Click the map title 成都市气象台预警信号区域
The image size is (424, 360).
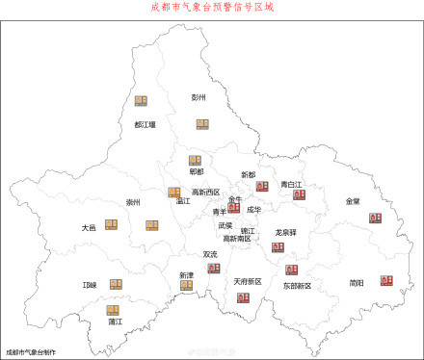(x=212, y=7)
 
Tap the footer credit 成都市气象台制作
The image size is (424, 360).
(x=30, y=352)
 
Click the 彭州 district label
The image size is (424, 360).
(x=199, y=97)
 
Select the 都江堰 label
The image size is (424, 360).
(x=146, y=124)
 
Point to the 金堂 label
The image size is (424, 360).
(x=354, y=201)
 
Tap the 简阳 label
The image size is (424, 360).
(x=357, y=283)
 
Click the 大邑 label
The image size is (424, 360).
(x=89, y=228)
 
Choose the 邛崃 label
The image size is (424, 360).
(x=91, y=285)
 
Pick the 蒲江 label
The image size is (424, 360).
(x=115, y=322)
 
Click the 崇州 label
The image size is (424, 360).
(x=133, y=202)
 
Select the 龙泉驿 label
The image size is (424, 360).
(x=285, y=232)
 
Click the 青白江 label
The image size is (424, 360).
(x=292, y=183)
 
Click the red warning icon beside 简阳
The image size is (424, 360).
(x=386, y=279)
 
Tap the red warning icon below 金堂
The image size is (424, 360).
(x=375, y=219)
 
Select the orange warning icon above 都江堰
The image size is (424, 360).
(x=142, y=101)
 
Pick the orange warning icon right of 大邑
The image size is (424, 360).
(x=111, y=224)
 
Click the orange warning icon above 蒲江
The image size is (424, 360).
(x=114, y=310)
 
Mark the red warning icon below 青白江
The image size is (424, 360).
(x=299, y=194)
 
